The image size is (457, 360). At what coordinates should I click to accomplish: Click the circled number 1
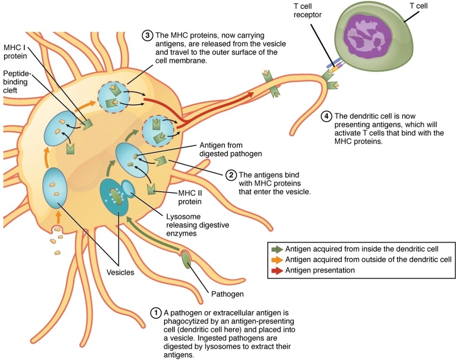click(x=155, y=313)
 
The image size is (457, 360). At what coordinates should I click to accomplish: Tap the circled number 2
click(x=231, y=175)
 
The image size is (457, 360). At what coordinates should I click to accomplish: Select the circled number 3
click(x=147, y=35)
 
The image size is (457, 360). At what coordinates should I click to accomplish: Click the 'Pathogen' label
click(x=228, y=294)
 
